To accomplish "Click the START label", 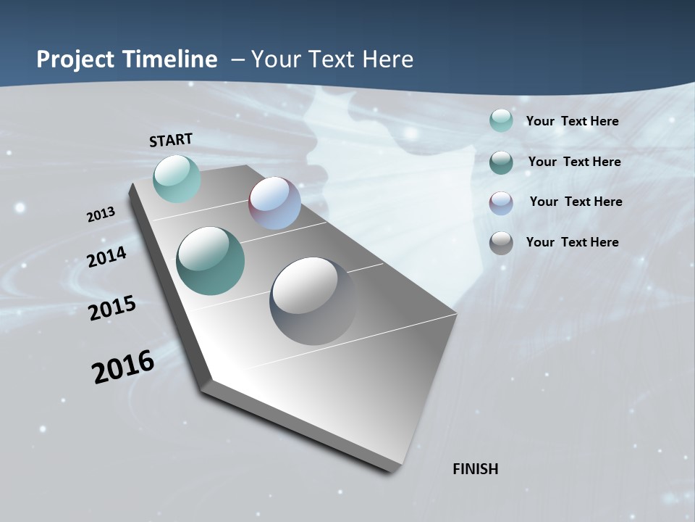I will coord(171,140).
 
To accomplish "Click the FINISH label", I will coord(475,469).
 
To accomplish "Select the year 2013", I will coord(101,215).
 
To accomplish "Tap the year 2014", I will coord(106,257).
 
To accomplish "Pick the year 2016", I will coord(123,367).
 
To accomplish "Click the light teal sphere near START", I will coord(177,178).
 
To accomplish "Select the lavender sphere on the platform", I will coord(274,203).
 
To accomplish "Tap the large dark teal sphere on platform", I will coord(210,261).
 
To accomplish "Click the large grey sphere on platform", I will coord(313,300).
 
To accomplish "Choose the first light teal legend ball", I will coord(501,120).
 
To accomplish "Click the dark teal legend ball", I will coord(501,162).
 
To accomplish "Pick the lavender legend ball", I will coord(501,202).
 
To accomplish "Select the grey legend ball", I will coord(501,243).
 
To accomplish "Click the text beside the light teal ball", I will coord(572,121).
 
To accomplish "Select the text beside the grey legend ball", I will coord(572,242).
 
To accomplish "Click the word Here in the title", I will coord(387,59).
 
